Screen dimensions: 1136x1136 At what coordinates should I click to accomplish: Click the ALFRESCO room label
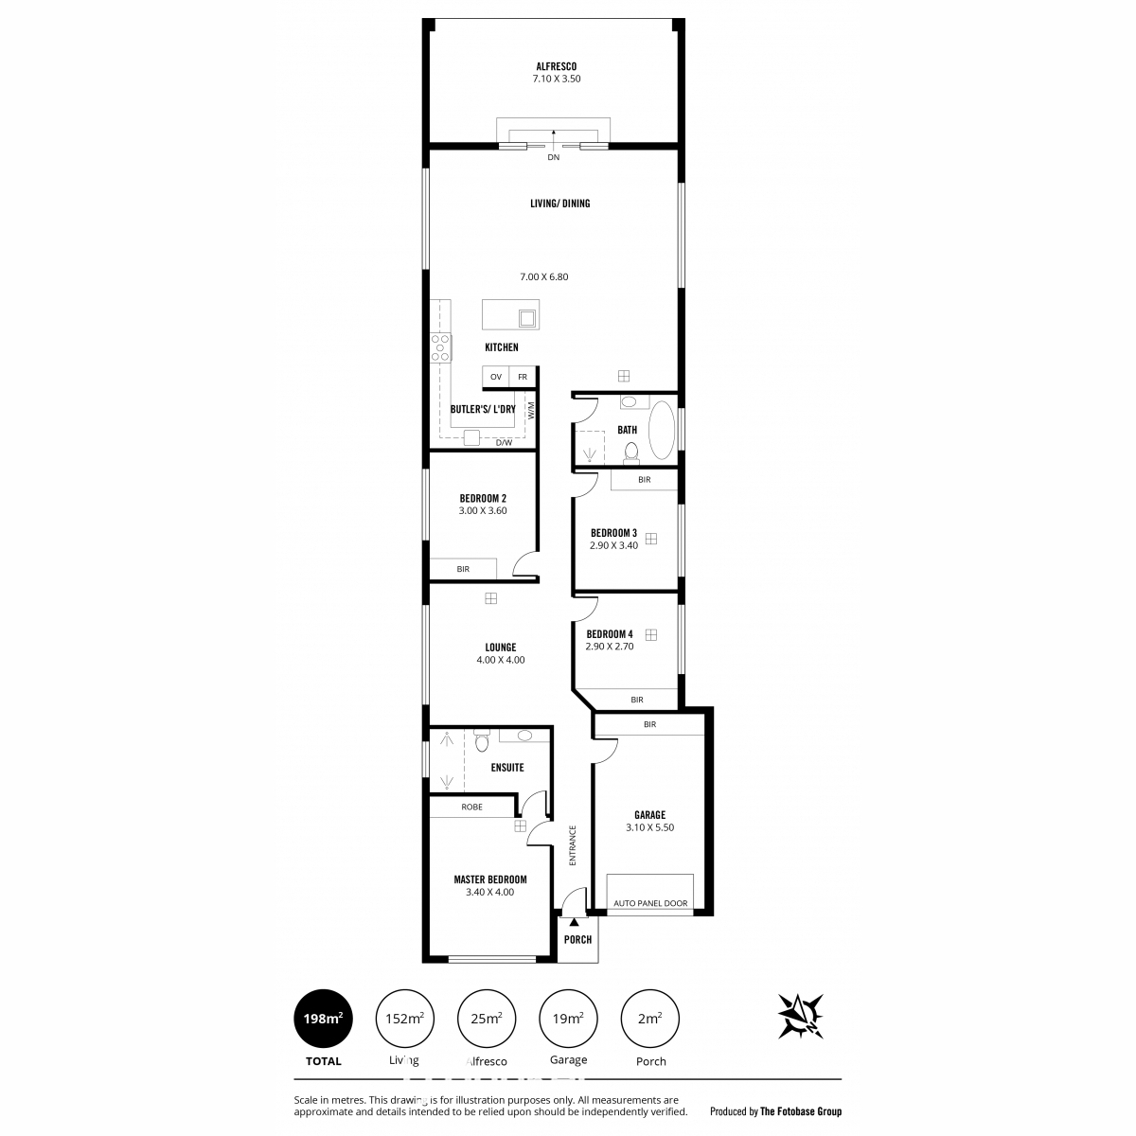pyautogui.click(x=556, y=66)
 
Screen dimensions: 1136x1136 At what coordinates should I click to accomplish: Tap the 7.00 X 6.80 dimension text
pyautogui.click(x=543, y=276)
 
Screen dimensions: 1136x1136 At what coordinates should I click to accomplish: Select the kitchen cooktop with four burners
pyautogui.click(x=440, y=347)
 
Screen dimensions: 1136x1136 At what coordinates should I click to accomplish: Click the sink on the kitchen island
pyautogui.click(x=527, y=318)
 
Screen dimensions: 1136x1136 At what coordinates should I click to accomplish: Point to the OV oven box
pyautogui.click(x=496, y=377)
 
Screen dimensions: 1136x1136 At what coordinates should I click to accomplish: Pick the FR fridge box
pyautogui.click(x=523, y=377)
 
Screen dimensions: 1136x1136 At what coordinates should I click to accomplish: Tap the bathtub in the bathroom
pyautogui.click(x=662, y=431)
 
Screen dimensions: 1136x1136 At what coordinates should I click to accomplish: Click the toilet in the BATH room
pyautogui.click(x=631, y=452)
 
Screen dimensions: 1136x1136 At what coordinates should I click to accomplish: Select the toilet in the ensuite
pyautogui.click(x=482, y=740)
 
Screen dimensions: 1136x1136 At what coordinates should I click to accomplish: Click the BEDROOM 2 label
pyautogui.click(x=483, y=498)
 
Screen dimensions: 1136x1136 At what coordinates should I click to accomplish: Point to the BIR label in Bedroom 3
pyautogui.click(x=644, y=479)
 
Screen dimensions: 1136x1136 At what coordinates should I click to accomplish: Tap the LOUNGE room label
pyautogui.click(x=501, y=647)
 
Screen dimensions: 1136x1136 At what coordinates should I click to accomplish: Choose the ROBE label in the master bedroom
pyautogui.click(x=471, y=807)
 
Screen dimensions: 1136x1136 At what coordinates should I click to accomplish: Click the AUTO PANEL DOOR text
pyautogui.click(x=650, y=902)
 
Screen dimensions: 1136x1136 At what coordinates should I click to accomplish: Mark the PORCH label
pyautogui.click(x=577, y=939)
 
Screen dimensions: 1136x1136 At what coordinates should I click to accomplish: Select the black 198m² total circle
pyautogui.click(x=323, y=1018)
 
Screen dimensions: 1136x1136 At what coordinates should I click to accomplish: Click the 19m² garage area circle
pyautogui.click(x=568, y=1018)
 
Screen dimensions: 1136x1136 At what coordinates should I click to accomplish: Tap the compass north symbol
pyautogui.click(x=800, y=1015)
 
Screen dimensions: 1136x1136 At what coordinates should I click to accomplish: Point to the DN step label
pyautogui.click(x=553, y=157)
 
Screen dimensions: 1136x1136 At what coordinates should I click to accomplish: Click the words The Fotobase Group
pyautogui.click(x=801, y=1111)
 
